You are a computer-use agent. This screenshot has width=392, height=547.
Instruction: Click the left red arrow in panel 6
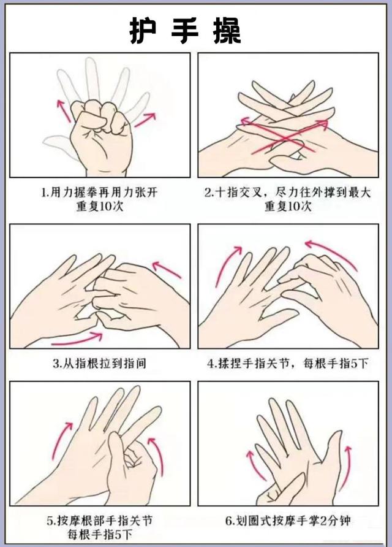251,466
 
